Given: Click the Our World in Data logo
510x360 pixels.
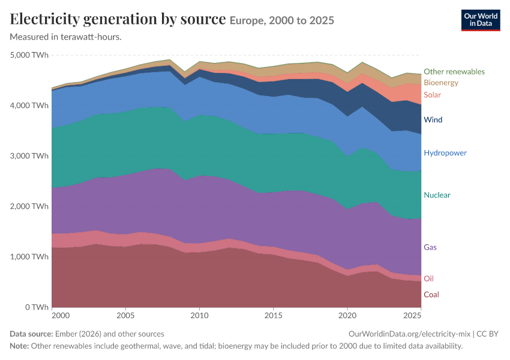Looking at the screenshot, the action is coord(481,20).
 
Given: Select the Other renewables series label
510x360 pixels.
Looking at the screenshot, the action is coord(454,71).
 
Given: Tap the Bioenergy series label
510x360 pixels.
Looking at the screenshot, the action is coord(441,83).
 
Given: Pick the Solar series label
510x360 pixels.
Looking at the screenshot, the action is coord(432,95).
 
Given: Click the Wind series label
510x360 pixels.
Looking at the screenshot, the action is coord(433,119).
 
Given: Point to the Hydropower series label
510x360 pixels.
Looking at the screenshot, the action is coord(445,153).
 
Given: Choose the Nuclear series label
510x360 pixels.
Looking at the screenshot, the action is coord(437,195).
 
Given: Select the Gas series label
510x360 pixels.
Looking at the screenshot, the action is coord(430,247).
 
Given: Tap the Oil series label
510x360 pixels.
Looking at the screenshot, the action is coord(428,278).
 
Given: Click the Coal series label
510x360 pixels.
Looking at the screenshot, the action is coord(431,295).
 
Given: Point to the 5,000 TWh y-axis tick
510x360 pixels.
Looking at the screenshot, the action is coord(29,55).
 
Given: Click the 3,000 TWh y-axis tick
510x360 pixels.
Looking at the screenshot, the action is coord(29,156).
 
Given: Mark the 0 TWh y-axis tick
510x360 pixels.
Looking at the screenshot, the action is coord(37,307).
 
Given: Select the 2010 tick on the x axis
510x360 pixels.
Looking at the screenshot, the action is coord(199,316).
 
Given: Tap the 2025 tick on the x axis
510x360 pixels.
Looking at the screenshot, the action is coord(412,316).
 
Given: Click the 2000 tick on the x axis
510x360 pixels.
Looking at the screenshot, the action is coord(61,316).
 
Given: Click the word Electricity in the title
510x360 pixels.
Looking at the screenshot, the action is coord(45,19).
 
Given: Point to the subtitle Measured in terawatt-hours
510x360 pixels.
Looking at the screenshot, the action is coord(66,37).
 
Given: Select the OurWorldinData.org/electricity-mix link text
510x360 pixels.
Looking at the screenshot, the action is coord(409,334).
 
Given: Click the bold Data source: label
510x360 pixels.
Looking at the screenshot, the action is coord(31,334).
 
